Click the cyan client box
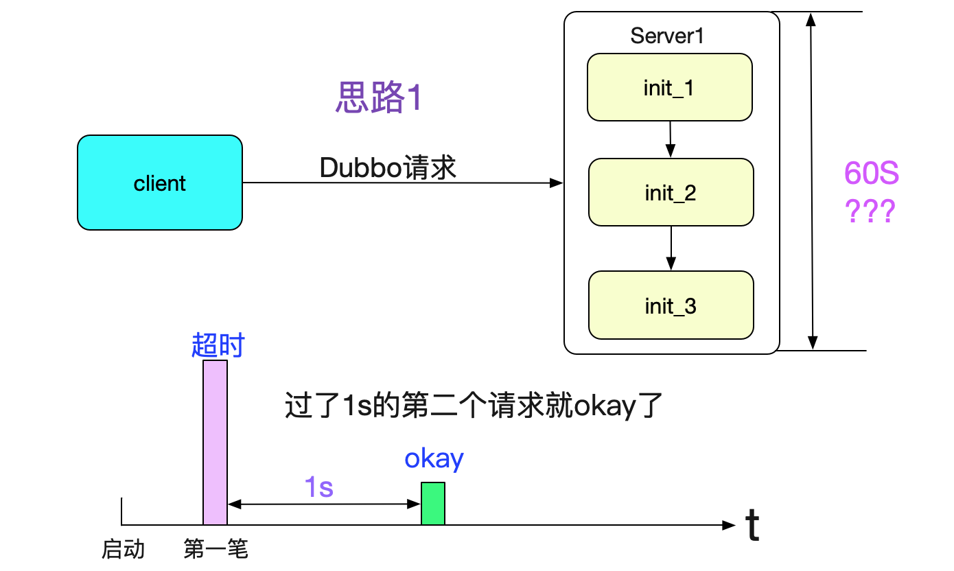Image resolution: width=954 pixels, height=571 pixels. [159, 183]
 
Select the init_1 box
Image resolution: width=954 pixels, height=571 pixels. [669, 88]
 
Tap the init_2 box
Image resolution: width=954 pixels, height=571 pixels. [671, 193]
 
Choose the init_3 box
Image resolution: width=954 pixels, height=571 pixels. [671, 305]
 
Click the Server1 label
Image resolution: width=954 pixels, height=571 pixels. [666, 36]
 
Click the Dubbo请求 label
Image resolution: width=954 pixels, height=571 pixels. [388, 167]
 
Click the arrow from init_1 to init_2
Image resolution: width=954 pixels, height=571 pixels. [671, 139]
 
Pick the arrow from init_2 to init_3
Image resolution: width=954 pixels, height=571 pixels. [671, 248]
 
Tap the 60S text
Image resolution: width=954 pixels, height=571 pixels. [871, 174]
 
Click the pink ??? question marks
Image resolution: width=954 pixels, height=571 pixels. [870, 213]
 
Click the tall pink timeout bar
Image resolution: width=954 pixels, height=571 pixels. [215, 442]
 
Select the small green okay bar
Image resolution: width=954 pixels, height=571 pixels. [433, 504]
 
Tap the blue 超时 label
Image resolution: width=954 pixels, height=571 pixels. [218, 346]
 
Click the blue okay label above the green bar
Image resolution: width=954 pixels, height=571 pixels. [434, 458]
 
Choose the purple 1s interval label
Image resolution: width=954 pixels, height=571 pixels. [318, 487]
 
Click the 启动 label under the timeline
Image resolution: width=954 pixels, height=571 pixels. [124, 549]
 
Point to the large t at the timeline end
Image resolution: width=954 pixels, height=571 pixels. [752, 527]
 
